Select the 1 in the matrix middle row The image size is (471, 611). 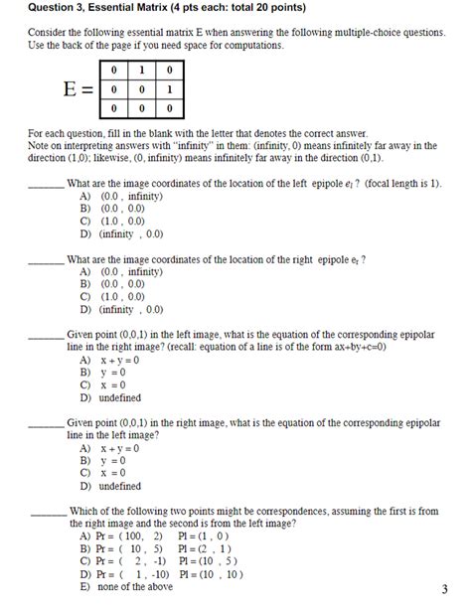click(x=170, y=88)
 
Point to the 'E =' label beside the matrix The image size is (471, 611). click(x=78, y=88)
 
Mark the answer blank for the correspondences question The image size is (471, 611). click(x=47, y=513)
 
